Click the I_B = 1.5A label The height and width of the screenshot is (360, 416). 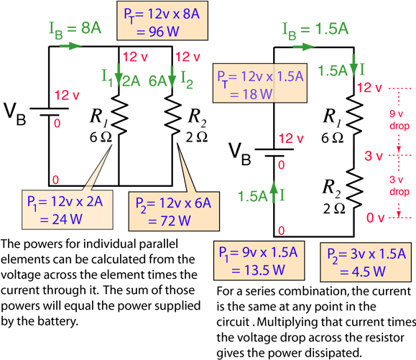(316, 29)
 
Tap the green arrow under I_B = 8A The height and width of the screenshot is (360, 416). (70, 45)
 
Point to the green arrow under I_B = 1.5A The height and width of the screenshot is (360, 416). (305, 47)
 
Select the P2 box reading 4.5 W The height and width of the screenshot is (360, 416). (366, 262)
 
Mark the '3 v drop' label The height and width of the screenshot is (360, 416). (399, 185)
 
